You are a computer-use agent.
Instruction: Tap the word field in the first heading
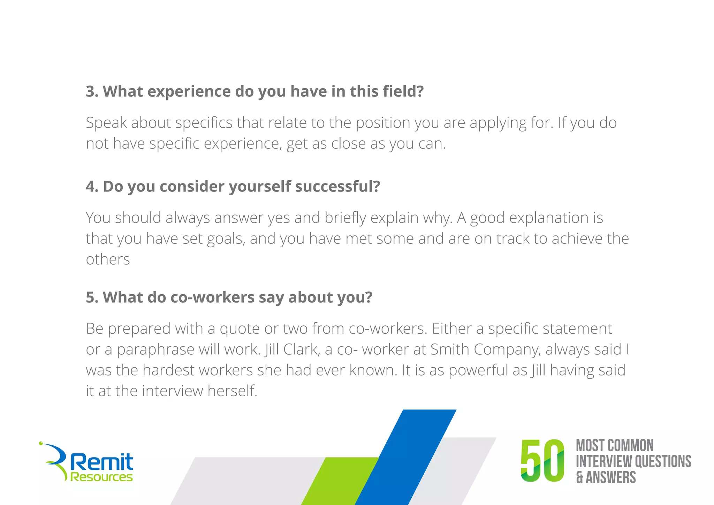point(400,91)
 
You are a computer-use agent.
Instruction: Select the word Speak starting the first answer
point(106,123)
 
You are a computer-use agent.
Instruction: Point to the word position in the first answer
point(383,123)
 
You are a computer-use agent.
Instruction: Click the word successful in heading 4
point(337,187)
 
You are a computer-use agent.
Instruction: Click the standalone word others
point(108,259)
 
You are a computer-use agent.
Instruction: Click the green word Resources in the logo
point(101,477)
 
